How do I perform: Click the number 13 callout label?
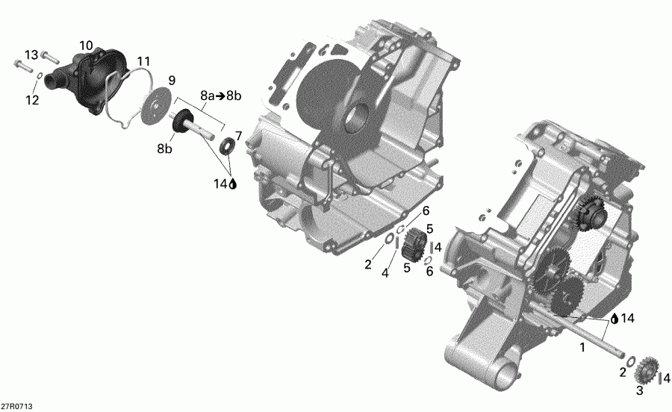31,55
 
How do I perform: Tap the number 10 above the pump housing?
86,46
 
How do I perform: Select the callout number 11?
143,60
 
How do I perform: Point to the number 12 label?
31,100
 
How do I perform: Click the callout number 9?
171,80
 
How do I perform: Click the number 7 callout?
238,135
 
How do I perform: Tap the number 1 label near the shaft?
583,347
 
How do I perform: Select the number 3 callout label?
639,390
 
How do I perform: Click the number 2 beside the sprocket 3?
621,371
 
